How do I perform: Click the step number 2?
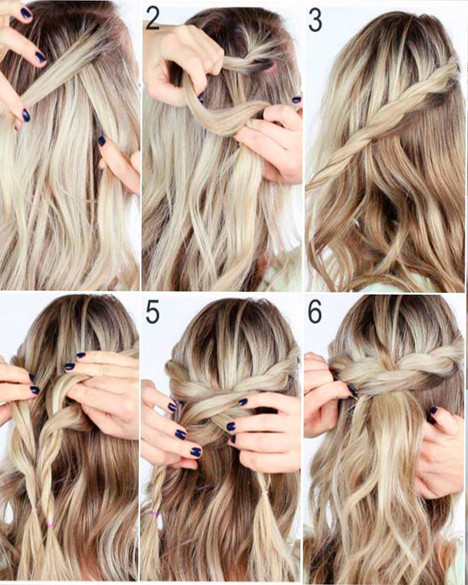click(153, 20)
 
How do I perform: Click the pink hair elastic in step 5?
click(152, 514)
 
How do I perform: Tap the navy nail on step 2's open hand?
click(296, 99)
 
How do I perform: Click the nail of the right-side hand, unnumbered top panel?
click(102, 141)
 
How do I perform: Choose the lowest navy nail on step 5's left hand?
click(195, 452)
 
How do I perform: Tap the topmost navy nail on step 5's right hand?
click(243, 402)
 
